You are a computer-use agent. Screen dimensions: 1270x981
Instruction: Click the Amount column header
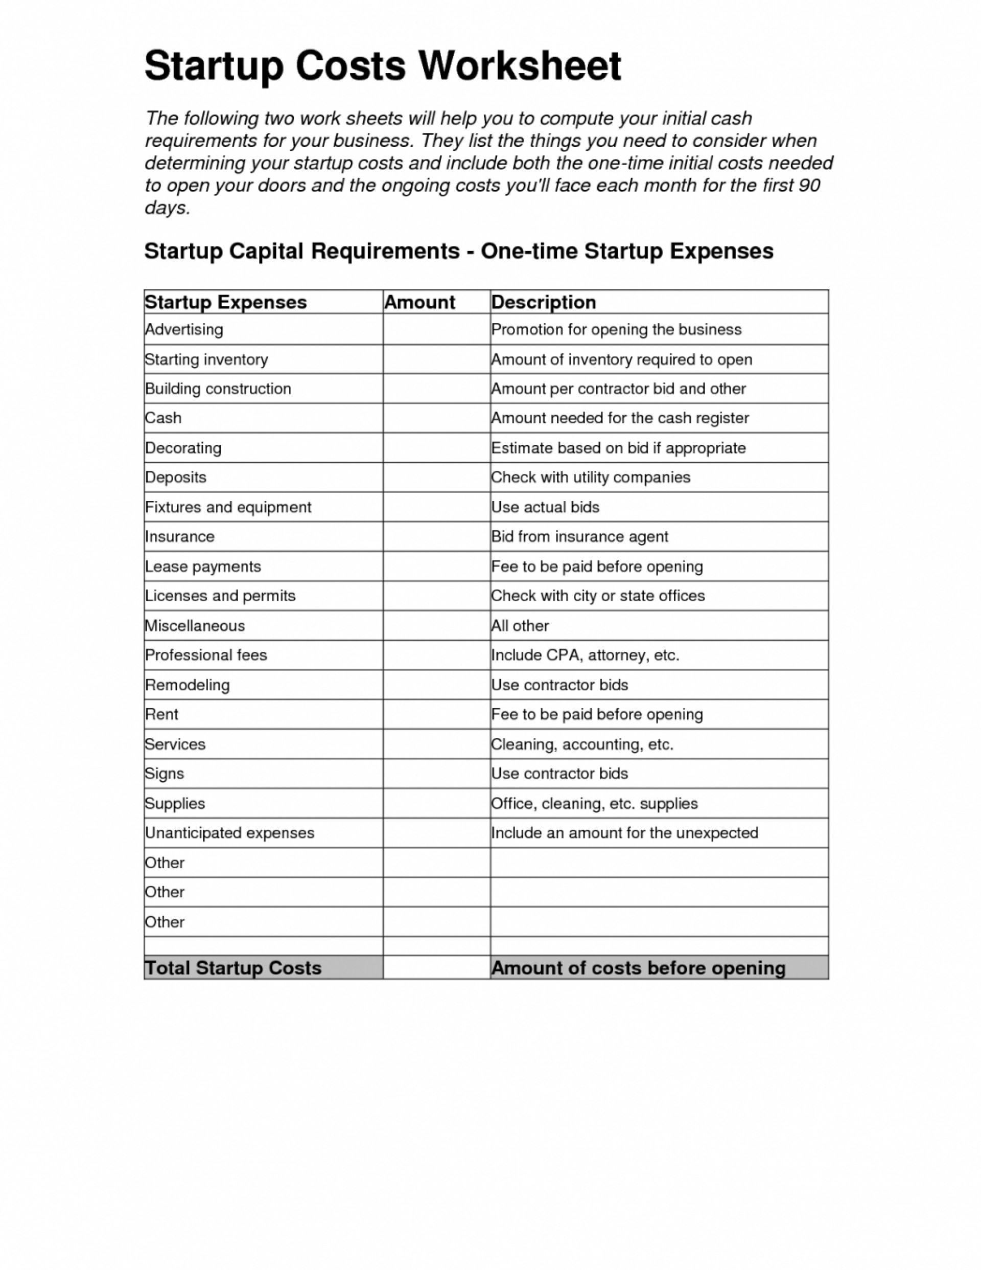(419, 302)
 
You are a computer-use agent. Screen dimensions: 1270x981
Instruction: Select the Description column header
(544, 302)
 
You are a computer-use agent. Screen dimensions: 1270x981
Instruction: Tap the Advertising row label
(183, 330)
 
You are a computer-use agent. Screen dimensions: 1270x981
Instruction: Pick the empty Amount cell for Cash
(436, 418)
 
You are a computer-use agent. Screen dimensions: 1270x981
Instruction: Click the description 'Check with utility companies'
(591, 478)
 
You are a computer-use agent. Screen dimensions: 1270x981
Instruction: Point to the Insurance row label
(179, 537)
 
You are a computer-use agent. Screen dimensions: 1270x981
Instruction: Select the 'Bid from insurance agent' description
(579, 537)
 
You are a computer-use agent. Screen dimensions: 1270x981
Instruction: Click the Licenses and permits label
(220, 596)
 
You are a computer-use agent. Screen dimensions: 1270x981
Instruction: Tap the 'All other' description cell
(520, 626)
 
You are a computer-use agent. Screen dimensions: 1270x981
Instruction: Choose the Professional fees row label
(206, 655)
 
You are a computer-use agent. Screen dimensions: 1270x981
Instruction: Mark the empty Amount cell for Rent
(436, 715)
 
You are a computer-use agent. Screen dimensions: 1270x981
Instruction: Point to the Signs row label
(165, 774)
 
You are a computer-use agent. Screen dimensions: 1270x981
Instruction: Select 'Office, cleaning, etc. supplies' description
(594, 804)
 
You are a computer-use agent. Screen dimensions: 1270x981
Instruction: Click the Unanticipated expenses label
(229, 833)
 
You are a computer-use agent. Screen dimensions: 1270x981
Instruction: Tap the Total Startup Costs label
(233, 968)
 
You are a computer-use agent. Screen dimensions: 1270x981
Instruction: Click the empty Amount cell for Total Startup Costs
(436, 968)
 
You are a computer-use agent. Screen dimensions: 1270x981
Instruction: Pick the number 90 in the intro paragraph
(809, 186)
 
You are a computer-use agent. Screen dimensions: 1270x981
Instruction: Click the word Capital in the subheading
(266, 251)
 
